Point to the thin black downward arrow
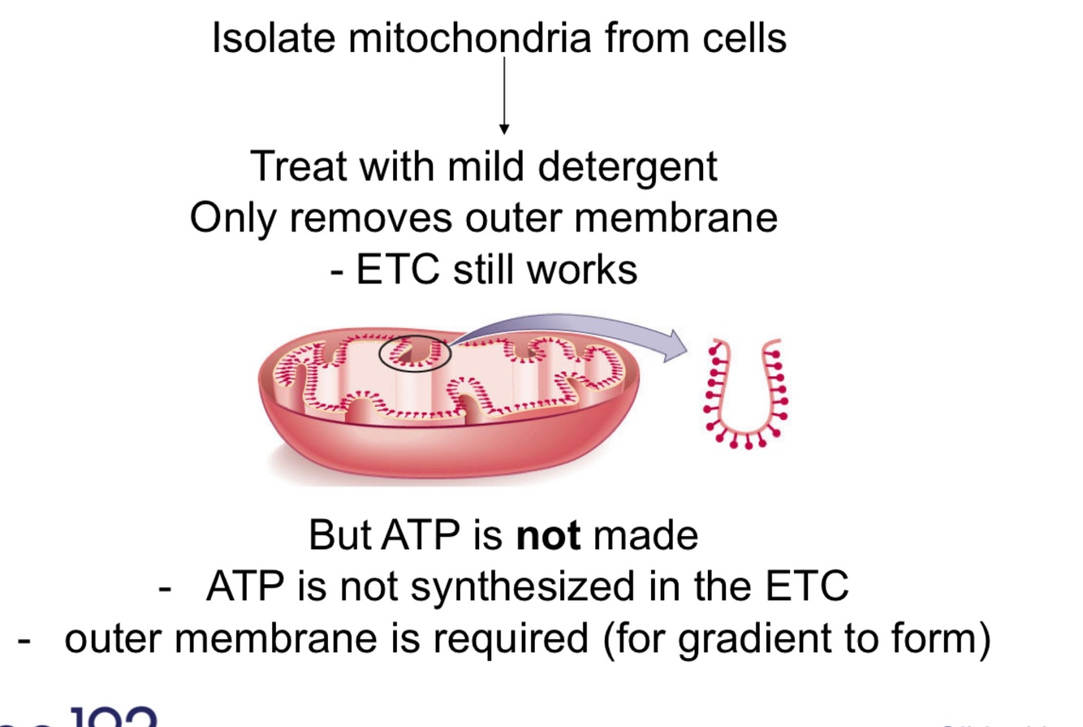[x=504, y=94]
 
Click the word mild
[x=488, y=167]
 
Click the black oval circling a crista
[x=414, y=353]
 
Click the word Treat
[x=300, y=167]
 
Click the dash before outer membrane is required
[x=24, y=639]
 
